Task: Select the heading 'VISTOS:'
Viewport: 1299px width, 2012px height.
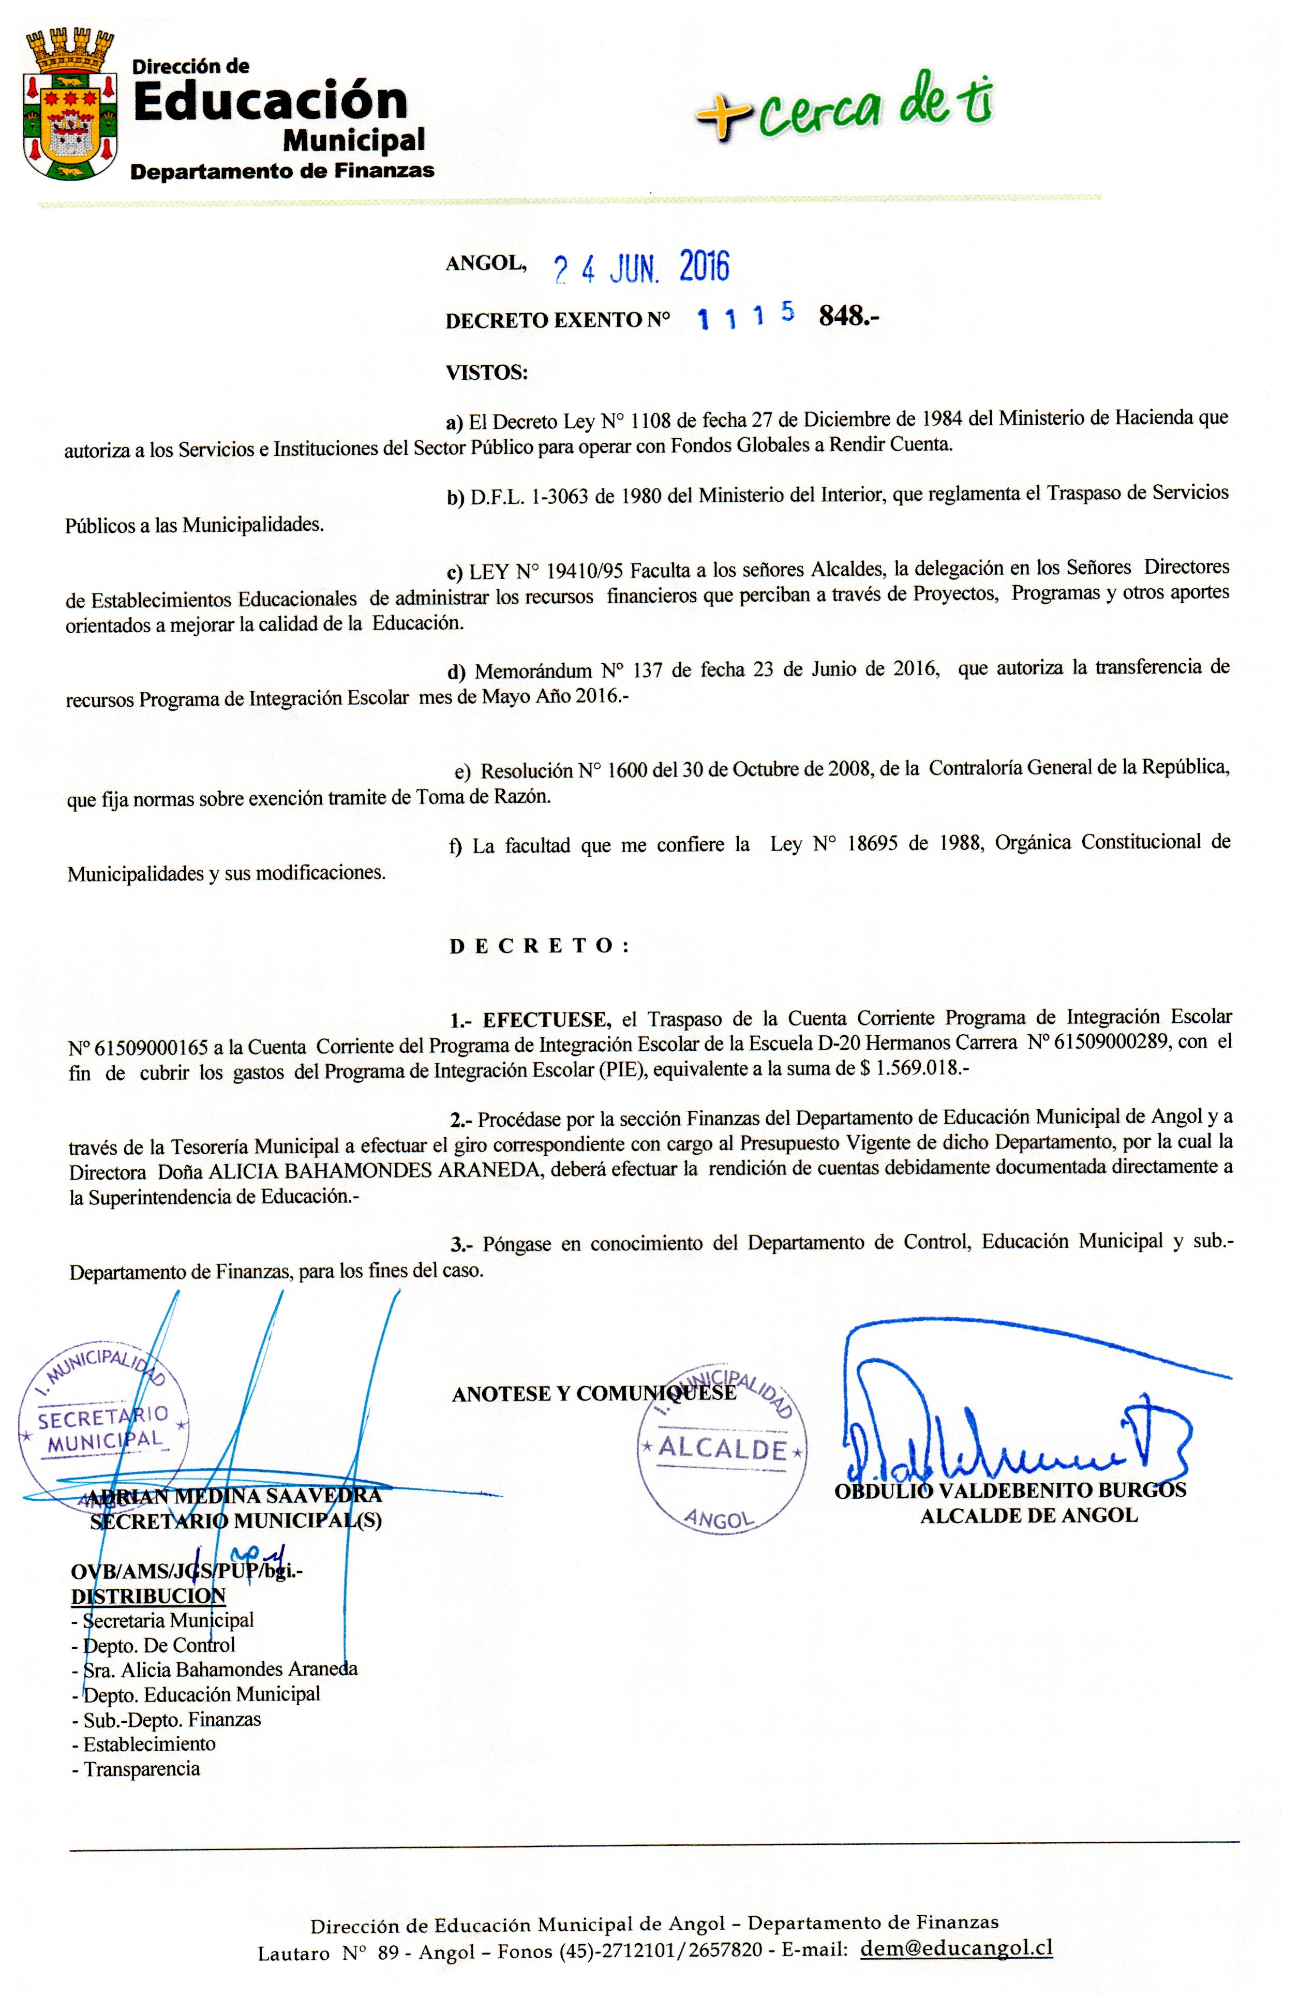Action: [x=487, y=372]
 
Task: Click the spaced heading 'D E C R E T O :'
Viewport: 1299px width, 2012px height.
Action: [x=540, y=946]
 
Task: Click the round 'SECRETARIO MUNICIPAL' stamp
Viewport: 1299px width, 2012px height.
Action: [x=103, y=1426]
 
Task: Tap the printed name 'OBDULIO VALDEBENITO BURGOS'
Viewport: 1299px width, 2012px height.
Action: [x=1010, y=1491]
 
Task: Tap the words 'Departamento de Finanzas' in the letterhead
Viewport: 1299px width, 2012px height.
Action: [x=282, y=171]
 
